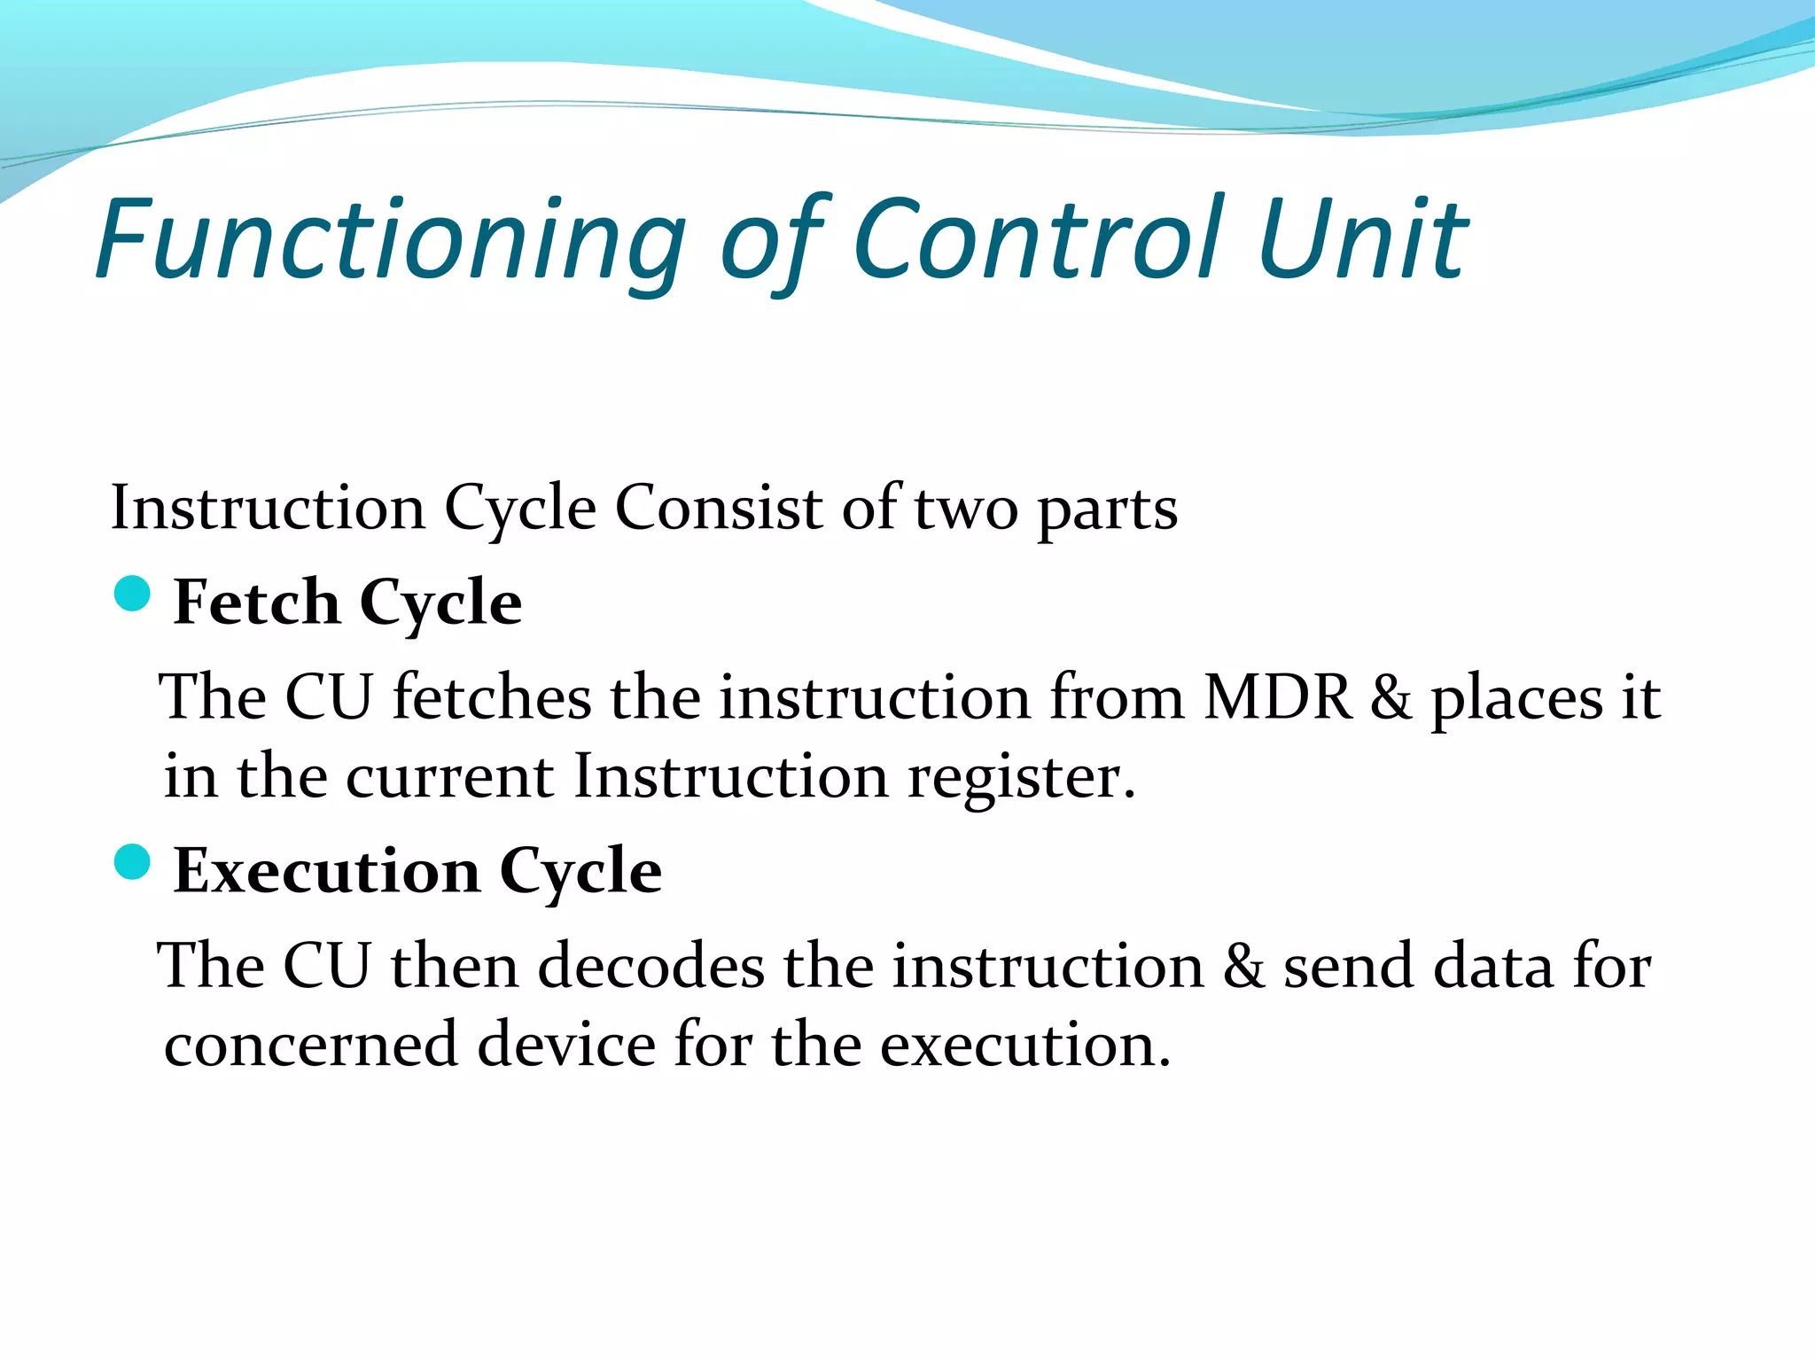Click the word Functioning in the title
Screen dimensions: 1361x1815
(x=390, y=239)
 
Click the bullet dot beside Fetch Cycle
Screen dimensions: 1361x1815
(x=133, y=594)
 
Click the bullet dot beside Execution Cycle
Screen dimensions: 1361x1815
(x=133, y=862)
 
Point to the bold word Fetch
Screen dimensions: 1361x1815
(x=256, y=603)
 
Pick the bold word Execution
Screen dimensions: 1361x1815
(x=327, y=871)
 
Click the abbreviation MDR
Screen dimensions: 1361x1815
(x=1278, y=697)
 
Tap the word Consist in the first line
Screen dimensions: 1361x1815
(x=719, y=509)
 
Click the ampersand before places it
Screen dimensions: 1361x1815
(x=1390, y=698)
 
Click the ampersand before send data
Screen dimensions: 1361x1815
(x=1243, y=966)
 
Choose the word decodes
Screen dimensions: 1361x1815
(x=650, y=966)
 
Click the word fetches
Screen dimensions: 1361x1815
(x=492, y=697)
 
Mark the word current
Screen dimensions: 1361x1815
(x=449, y=778)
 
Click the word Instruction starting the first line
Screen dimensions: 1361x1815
(x=268, y=509)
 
